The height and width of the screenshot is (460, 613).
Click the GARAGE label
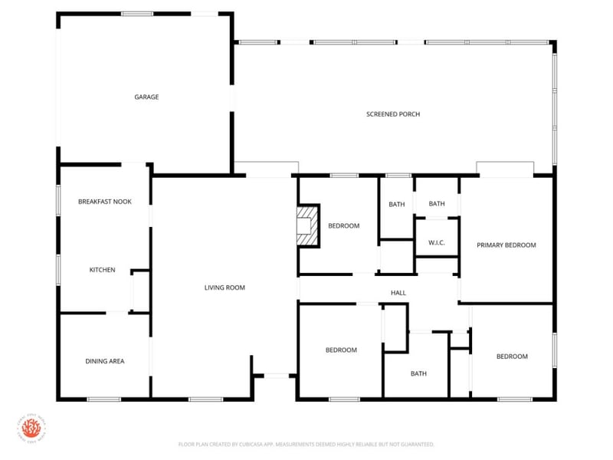pyautogui.click(x=146, y=97)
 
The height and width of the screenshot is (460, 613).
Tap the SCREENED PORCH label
pyautogui.click(x=393, y=114)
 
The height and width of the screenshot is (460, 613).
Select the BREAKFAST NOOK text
pyautogui.click(x=105, y=202)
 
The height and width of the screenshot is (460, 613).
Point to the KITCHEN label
pyautogui.click(x=102, y=270)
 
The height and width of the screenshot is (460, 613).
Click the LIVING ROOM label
pyautogui.click(x=225, y=287)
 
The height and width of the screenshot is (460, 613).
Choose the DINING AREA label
pyautogui.click(x=105, y=361)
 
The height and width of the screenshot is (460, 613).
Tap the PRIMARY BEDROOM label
pyautogui.click(x=506, y=245)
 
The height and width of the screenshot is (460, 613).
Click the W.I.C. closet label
pyautogui.click(x=437, y=243)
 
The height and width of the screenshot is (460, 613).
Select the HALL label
pyautogui.click(x=398, y=293)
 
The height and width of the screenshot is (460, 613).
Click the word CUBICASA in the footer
pyautogui.click(x=262, y=444)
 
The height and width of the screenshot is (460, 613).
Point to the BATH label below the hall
pyautogui.click(x=418, y=374)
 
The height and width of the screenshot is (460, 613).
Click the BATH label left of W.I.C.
pyautogui.click(x=396, y=204)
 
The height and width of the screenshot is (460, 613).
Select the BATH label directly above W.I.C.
pyautogui.click(x=437, y=204)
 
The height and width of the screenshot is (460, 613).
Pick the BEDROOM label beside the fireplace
pyautogui.click(x=343, y=225)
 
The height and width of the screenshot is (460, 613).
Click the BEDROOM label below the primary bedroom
pyautogui.click(x=512, y=356)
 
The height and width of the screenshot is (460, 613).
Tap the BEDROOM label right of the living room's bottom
pyautogui.click(x=341, y=350)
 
